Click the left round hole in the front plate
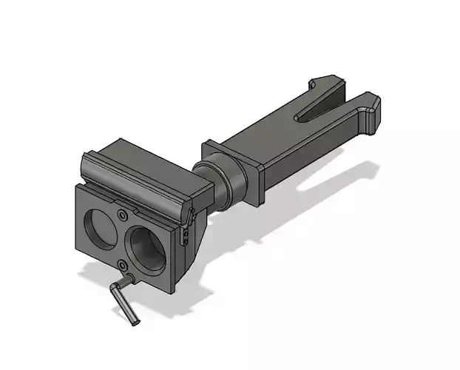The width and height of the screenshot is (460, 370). click(98, 226)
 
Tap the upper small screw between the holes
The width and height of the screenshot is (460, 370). click(121, 215)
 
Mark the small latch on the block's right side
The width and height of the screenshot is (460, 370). click(188, 221)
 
